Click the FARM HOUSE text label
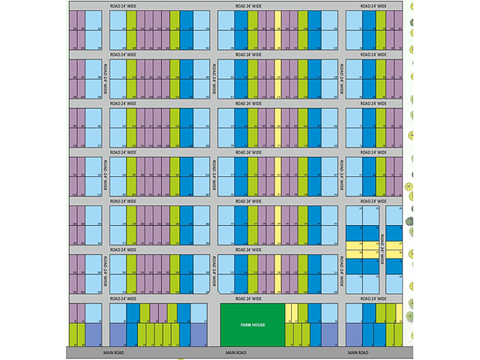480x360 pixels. click(x=252, y=325)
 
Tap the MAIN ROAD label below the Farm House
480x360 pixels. click(x=237, y=352)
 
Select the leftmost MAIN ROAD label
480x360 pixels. click(x=115, y=352)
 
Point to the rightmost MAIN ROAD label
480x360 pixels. click(x=358, y=352)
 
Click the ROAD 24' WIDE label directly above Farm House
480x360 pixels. click(x=248, y=299)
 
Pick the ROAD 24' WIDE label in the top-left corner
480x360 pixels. click(x=123, y=6)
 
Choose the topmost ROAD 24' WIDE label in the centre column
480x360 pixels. click(x=248, y=6)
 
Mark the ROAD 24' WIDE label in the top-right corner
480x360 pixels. click(x=373, y=6)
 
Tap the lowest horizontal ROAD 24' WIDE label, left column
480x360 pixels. click(x=123, y=299)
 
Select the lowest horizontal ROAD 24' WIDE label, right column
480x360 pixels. click(x=373, y=299)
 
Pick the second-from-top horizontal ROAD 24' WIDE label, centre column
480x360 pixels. click(x=248, y=55)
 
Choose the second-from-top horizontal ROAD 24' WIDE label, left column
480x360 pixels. click(x=123, y=55)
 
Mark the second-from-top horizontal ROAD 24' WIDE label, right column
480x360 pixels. click(x=373, y=55)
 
